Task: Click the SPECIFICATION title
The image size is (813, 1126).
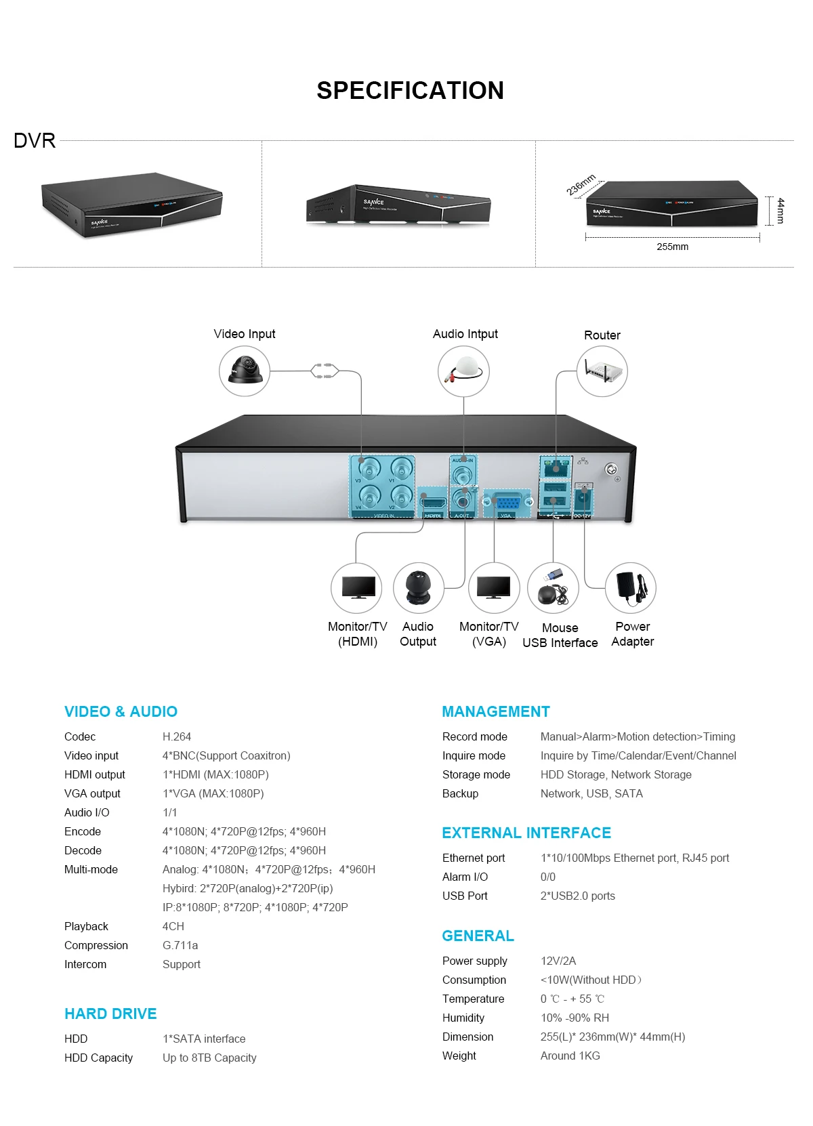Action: (x=410, y=91)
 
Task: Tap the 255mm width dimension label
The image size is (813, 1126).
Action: (x=672, y=247)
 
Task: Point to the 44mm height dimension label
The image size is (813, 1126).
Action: (x=780, y=210)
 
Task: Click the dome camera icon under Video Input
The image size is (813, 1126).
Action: (x=245, y=371)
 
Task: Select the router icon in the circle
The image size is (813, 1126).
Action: (x=602, y=371)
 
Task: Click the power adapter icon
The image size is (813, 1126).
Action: (x=631, y=587)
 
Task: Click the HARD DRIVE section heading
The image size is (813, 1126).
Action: (x=110, y=1014)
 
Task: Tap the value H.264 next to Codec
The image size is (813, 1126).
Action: (x=177, y=736)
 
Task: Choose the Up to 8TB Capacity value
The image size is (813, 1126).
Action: (x=209, y=1058)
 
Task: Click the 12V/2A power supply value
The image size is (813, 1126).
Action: (x=558, y=961)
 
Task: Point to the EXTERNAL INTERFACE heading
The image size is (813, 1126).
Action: (x=526, y=833)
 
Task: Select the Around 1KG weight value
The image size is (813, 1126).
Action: (x=570, y=1056)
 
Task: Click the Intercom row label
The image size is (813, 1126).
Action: (x=85, y=964)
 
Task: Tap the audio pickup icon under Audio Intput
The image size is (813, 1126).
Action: (x=463, y=371)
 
